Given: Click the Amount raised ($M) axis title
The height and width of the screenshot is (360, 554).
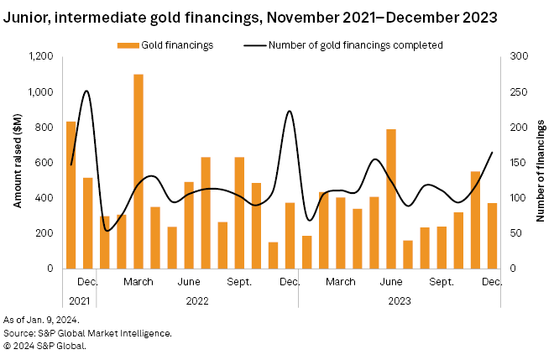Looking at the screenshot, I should (18, 163).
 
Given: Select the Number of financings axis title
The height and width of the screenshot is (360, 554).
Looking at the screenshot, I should (541, 163).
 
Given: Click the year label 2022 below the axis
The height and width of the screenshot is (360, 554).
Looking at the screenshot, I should (196, 299).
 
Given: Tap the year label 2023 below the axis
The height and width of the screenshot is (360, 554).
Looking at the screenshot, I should (399, 299).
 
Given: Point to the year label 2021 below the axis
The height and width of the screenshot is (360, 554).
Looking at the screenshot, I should (79, 299).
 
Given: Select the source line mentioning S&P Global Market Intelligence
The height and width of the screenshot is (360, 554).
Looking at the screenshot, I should (88, 333).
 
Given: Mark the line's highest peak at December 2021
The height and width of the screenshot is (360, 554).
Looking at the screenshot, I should (86, 91).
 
